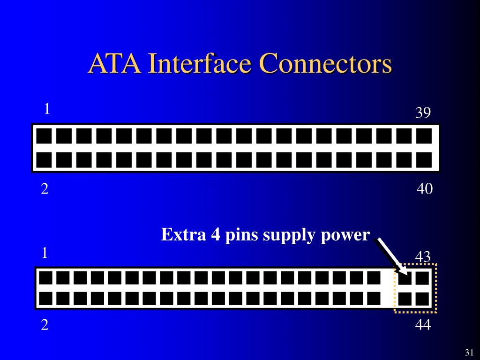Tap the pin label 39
coord(423,113)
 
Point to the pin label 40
coord(424,189)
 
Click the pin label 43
coord(423,256)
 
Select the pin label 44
coord(423,324)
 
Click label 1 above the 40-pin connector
coord(47,109)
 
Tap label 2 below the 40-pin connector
coord(45,189)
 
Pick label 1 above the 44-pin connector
coord(45,253)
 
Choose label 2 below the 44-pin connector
coord(45,325)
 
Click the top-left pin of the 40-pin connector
coord(44,136)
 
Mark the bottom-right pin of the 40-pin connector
coord(424,160)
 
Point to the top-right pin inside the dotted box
coord(422,278)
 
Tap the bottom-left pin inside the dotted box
coord(405,299)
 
